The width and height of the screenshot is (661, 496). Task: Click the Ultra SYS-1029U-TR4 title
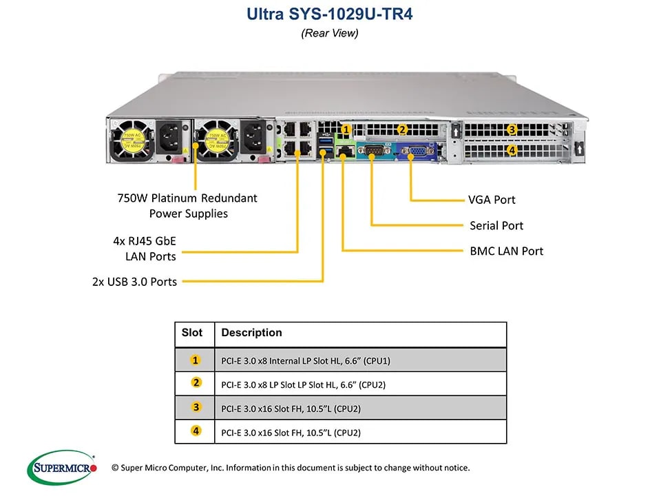point(330,14)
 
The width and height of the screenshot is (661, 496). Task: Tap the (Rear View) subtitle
point(330,33)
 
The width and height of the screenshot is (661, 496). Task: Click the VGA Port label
point(492,200)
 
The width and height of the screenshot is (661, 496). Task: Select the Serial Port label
point(496,226)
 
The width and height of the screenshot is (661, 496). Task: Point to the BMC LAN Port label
point(506,251)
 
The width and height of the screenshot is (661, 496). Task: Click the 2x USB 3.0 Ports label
point(134,281)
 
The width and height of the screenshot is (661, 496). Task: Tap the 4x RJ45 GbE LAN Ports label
point(145,249)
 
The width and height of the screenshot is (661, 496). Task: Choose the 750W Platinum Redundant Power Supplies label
point(187,205)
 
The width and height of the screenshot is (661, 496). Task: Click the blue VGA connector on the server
point(417,151)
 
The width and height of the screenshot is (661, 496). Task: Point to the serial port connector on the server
point(371,150)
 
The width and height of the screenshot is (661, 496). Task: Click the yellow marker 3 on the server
point(512,129)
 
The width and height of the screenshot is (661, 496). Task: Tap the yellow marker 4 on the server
point(512,149)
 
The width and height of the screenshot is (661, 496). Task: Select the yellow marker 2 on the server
point(402,130)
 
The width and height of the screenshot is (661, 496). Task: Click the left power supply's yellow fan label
point(132,141)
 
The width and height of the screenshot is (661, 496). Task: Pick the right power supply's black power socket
point(253,138)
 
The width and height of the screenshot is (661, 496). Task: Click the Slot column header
point(192,332)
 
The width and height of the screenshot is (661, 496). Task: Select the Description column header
point(252,332)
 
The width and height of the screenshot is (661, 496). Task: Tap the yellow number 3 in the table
point(196,407)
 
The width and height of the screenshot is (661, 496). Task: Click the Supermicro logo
point(62,467)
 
